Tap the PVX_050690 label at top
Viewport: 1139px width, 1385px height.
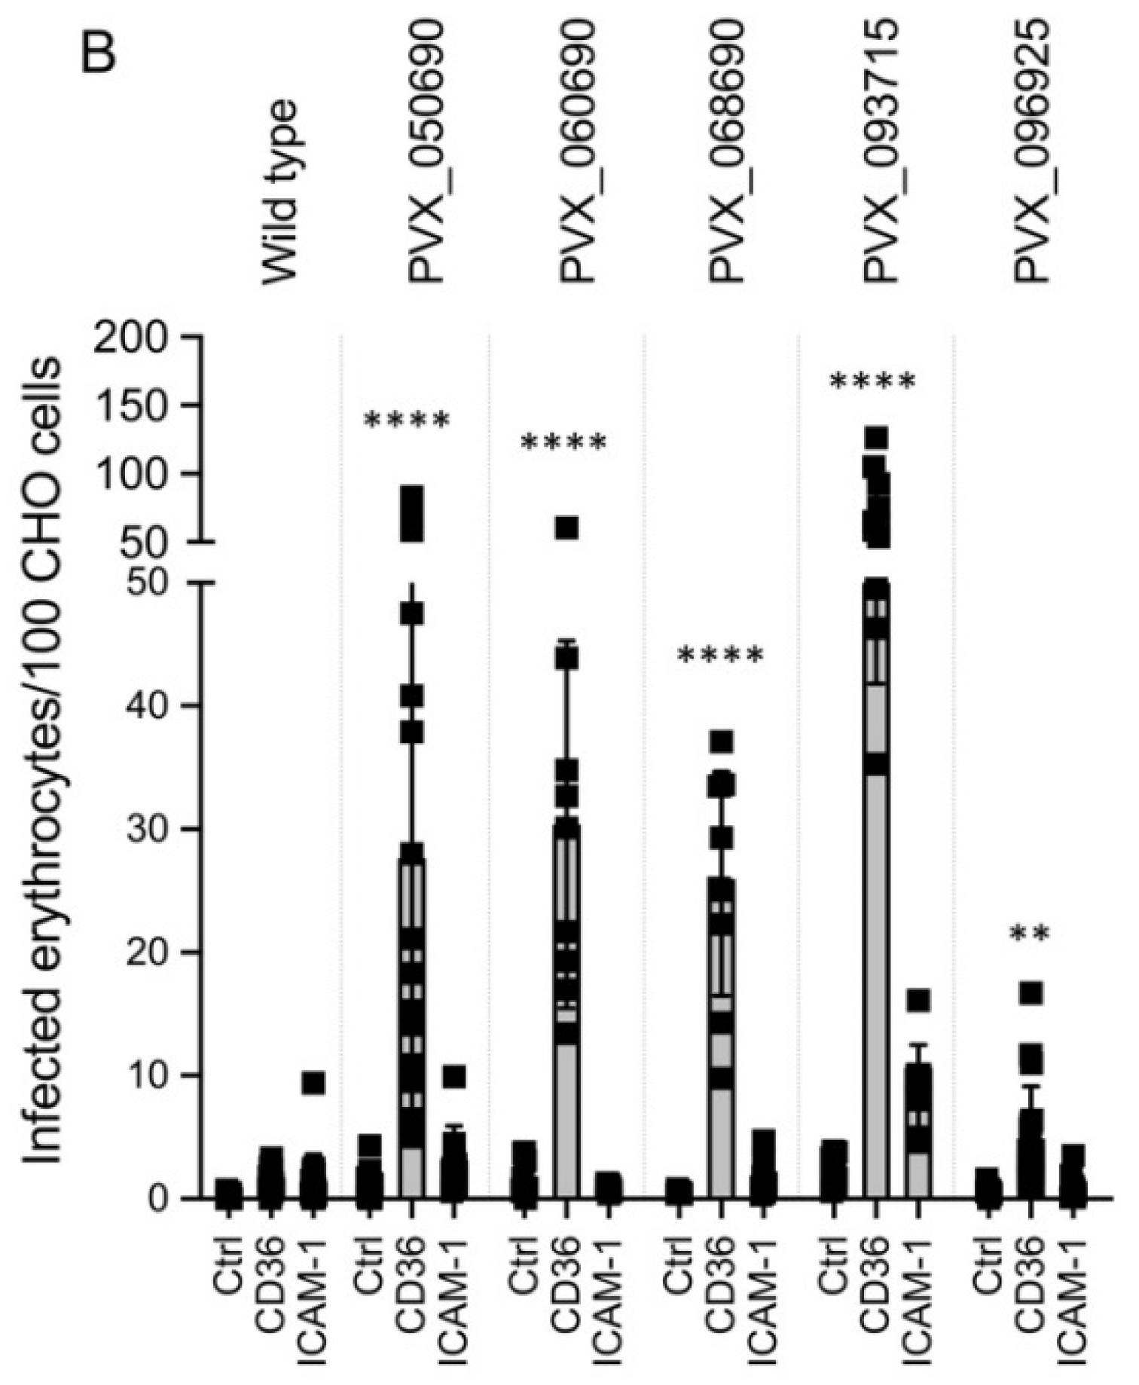(427, 151)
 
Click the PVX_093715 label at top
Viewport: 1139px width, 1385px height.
(881, 151)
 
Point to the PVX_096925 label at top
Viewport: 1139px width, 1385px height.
(1031, 151)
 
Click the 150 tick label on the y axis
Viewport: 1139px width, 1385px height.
(138, 405)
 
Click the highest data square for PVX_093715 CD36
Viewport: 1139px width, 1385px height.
(876, 438)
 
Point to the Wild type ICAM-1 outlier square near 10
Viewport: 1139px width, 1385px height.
(313, 1083)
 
